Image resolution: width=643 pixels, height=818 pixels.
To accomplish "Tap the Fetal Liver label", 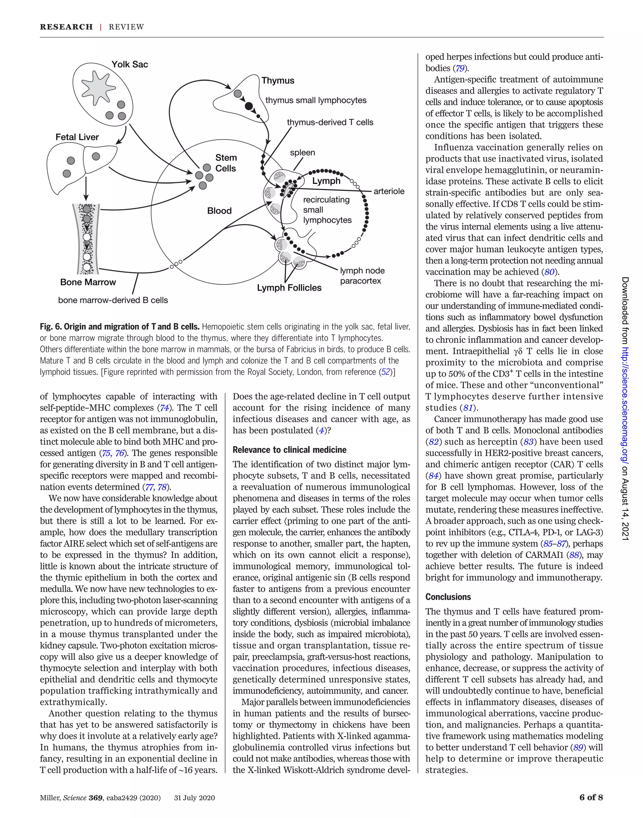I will [77, 137].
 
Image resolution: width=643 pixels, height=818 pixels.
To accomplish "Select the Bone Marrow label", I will [88, 282].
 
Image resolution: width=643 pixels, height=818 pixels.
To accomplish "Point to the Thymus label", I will [278, 81].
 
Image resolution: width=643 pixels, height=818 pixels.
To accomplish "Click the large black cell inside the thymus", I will [249, 106].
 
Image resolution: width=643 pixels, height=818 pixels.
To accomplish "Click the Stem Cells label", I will [226, 163].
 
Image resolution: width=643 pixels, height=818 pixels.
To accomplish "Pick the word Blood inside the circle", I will [219, 211].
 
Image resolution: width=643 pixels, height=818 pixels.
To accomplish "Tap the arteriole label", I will [389, 191].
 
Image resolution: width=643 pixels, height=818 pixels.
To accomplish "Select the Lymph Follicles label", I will [289, 288].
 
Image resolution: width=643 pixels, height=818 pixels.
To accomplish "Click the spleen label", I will [302, 153].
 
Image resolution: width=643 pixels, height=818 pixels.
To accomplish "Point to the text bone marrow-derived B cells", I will [113, 300].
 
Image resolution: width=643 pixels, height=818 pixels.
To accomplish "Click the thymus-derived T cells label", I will [330, 122].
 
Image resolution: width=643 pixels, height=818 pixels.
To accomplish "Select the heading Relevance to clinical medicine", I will [289, 450].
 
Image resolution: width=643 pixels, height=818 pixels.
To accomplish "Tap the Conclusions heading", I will [448, 597].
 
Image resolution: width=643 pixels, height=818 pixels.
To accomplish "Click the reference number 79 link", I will [460, 68].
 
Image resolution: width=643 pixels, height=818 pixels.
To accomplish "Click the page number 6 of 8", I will [591, 797].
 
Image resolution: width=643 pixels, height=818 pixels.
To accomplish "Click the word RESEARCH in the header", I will [66, 27].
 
